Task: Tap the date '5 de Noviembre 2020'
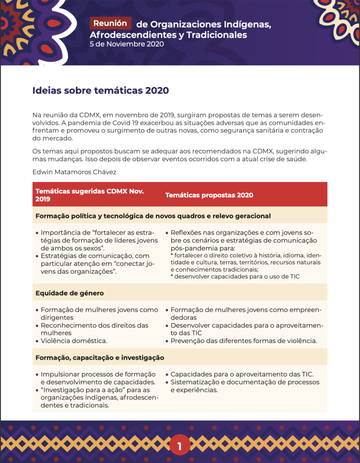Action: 126,44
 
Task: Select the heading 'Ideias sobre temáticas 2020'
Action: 101,90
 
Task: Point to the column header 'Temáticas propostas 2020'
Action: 209,195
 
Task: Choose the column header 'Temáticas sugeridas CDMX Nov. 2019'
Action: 89,195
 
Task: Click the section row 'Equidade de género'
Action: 70,293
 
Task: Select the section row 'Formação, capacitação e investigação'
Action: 99,357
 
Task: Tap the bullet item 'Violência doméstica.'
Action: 74,340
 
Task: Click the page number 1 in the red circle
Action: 179,447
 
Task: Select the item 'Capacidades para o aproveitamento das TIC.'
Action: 242,374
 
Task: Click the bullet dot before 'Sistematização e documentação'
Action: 167,383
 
